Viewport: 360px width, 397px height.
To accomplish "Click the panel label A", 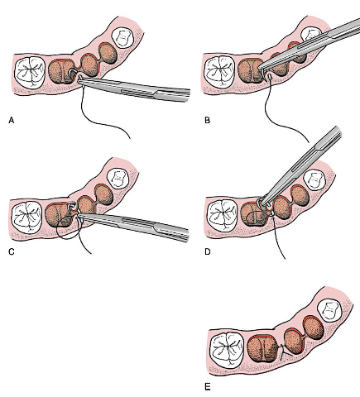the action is (12, 120).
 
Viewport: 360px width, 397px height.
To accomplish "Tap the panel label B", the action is (207, 120).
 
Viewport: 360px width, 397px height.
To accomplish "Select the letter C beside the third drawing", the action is (12, 251).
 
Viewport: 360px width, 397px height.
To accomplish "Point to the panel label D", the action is (208, 251).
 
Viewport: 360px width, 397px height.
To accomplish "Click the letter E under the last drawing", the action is (208, 387).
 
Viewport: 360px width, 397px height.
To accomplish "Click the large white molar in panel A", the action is (30, 72).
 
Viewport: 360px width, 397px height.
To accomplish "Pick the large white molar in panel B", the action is (219, 72).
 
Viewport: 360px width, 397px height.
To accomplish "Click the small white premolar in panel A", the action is (122, 38).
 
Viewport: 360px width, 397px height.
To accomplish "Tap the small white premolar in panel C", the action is (118, 179).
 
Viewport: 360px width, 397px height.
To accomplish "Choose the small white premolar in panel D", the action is (314, 180).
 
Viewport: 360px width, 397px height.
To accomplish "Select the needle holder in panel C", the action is (133, 225).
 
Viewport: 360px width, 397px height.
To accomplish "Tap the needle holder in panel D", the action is (300, 165).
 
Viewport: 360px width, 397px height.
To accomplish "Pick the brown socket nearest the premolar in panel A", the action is (108, 54).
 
